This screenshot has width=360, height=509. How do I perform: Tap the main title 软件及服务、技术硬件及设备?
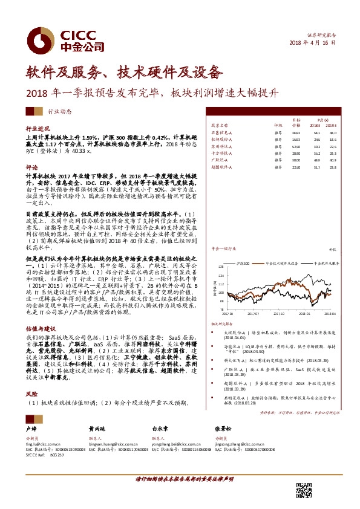pos(125,73)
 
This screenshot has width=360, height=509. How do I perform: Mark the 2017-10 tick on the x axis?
pos(279,314)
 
